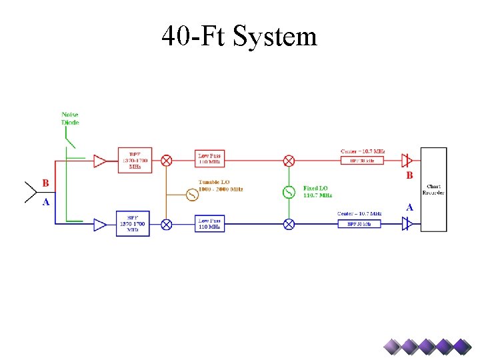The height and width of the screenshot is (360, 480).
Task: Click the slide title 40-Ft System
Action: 239,36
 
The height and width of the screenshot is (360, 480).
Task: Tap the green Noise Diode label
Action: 70,119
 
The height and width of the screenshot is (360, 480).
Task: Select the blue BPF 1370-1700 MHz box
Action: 133,224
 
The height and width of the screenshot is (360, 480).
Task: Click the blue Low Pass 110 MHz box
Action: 210,224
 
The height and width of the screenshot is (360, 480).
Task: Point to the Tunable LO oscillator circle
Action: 191,195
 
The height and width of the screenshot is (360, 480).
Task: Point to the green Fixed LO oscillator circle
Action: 289,193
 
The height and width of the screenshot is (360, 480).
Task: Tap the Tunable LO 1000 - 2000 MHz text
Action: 221,185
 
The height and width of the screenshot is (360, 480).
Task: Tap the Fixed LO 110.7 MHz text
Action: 317,192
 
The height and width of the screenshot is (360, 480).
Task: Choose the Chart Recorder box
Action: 433,189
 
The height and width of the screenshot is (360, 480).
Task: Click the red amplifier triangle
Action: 100,161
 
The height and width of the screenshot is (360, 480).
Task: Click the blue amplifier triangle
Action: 100,225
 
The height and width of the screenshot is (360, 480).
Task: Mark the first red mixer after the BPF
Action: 167,161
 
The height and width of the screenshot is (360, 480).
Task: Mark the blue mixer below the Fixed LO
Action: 289,225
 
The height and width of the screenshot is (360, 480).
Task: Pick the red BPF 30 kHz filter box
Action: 362,161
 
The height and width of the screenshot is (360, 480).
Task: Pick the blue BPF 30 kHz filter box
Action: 363,225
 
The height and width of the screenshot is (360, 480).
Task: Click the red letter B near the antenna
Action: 45,183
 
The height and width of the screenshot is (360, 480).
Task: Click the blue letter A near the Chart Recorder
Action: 409,207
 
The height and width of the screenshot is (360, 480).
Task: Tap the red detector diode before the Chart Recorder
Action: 407,161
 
